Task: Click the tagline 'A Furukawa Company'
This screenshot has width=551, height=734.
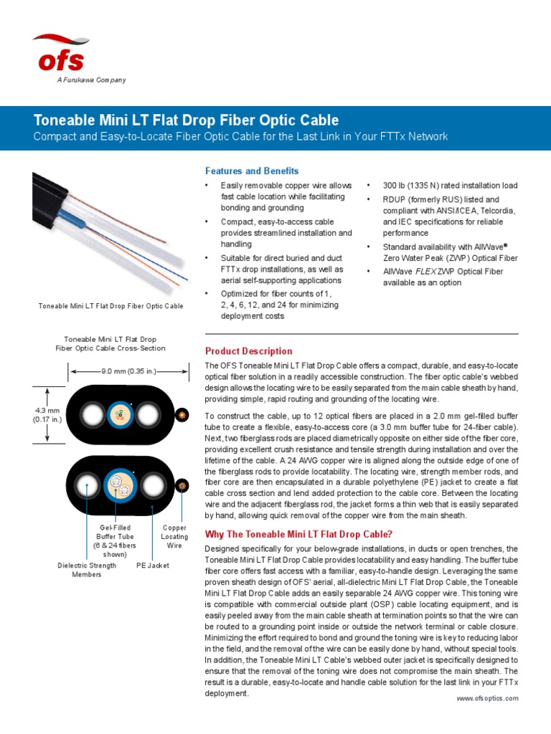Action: click(91, 80)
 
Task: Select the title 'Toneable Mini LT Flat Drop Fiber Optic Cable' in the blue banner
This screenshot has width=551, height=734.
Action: click(187, 120)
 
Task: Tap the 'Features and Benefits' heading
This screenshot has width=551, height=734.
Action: click(252, 171)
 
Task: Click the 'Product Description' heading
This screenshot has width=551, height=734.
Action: click(249, 351)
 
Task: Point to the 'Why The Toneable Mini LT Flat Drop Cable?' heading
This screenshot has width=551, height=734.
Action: click(299, 534)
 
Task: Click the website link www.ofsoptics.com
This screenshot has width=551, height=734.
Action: click(487, 699)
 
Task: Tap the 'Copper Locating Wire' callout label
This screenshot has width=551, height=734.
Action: click(174, 536)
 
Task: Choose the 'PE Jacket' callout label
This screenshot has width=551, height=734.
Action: click(153, 566)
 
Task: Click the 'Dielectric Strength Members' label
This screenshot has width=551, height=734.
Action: click(87, 570)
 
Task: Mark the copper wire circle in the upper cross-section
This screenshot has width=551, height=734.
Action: click(183, 415)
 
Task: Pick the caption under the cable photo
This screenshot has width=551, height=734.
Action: click(110, 306)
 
